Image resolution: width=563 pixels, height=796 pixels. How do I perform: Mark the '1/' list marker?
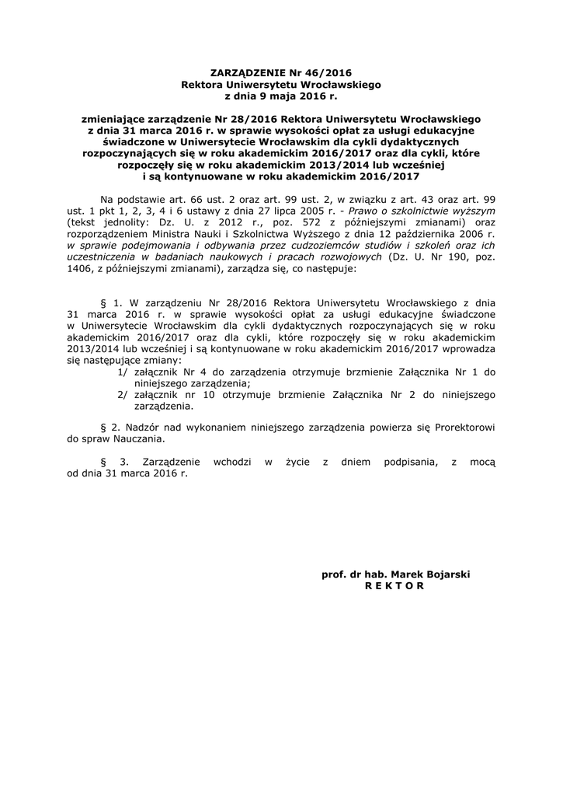tap(123, 372)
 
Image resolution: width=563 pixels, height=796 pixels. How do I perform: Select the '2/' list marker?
tap(123, 395)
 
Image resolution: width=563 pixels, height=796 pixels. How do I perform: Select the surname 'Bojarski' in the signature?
tap(447, 574)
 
